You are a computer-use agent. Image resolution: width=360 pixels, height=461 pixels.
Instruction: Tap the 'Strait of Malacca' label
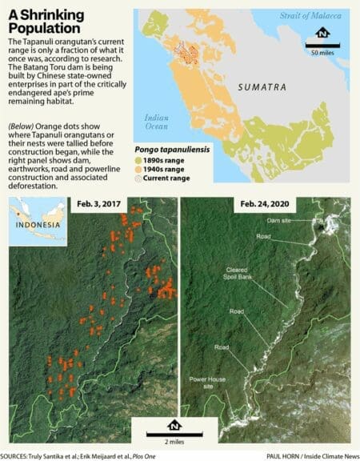[x=316, y=16]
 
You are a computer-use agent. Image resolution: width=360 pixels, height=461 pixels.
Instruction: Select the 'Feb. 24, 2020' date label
[x=263, y=206]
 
